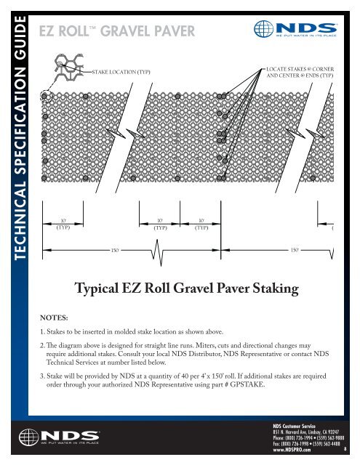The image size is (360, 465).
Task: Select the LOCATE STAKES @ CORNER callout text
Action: [300, 68]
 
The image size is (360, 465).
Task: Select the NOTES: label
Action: [55, 318]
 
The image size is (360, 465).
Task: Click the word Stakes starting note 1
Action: [61, 333]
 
